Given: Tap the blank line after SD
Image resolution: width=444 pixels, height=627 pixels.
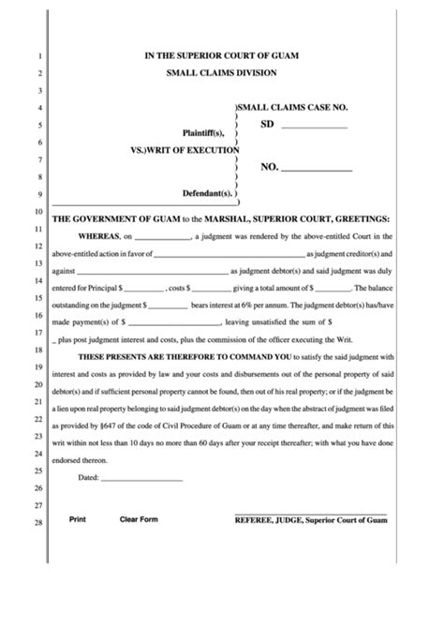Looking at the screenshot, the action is coord(314,126).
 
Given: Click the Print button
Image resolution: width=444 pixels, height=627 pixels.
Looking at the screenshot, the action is coord(78,518).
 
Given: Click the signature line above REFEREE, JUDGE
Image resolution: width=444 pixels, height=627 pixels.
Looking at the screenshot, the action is coord(309,512).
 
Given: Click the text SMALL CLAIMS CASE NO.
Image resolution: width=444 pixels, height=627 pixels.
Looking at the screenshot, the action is coord(296,110).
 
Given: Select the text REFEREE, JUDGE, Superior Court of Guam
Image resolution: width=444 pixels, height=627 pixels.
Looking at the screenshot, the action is coord(310,519).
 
